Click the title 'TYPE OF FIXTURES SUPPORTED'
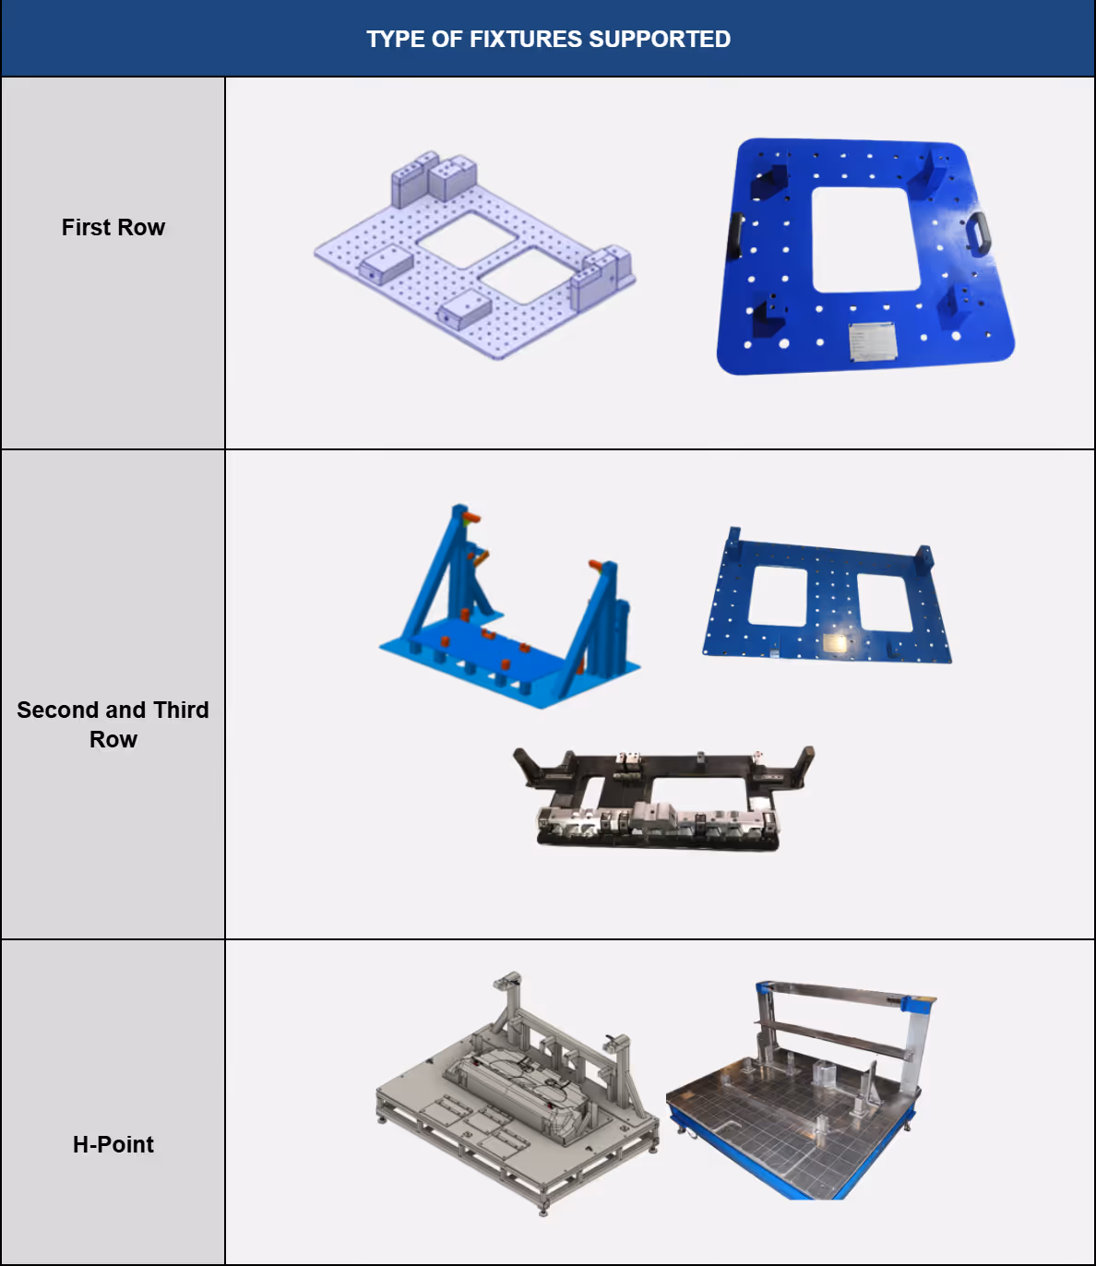[548, 39]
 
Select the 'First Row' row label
[113, 227]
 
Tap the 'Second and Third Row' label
[113, 724]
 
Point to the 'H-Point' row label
[113, 1144]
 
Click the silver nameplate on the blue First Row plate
[872, 340]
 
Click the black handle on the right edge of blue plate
[979, 233]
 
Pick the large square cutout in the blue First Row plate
[865, 240]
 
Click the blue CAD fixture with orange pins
[509, 606]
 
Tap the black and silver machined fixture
[663, 798]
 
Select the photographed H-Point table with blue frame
[800, 1090]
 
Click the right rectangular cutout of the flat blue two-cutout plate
[885, 602]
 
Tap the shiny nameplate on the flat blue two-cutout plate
[835, 643]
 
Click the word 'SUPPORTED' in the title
[660, 39]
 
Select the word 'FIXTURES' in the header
[525, 39]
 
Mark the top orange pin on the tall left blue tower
[471, 518]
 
